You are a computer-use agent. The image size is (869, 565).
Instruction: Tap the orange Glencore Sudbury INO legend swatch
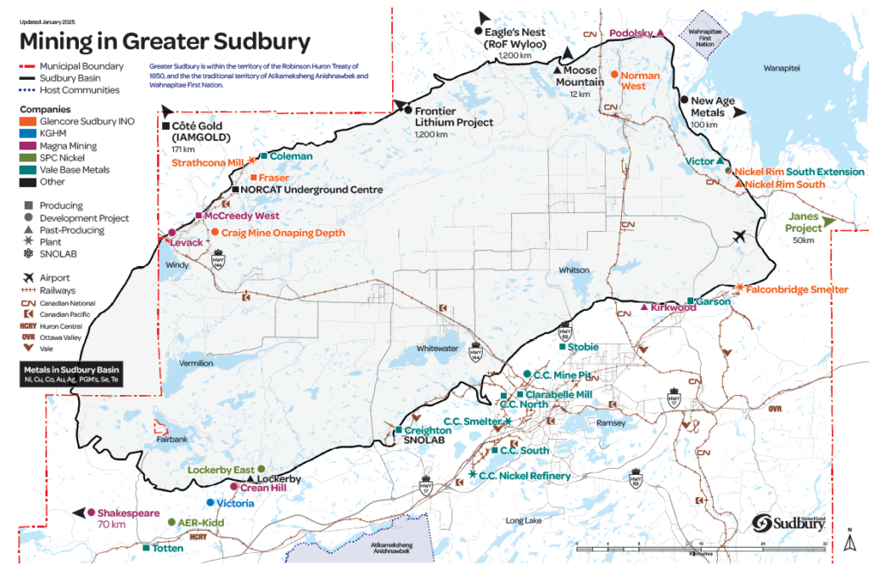tap(29, 121)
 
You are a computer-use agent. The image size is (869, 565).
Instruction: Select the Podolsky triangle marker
tap(660, 32)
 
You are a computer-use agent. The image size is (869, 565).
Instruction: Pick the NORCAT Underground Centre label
tap(312, 189)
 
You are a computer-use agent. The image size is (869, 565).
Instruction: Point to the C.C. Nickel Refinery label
tap(525, 476)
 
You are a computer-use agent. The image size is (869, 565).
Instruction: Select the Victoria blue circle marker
tap(210, 503)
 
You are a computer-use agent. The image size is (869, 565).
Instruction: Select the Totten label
tap(168, 549)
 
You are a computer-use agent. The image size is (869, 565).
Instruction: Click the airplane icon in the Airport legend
tap(29, 278)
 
